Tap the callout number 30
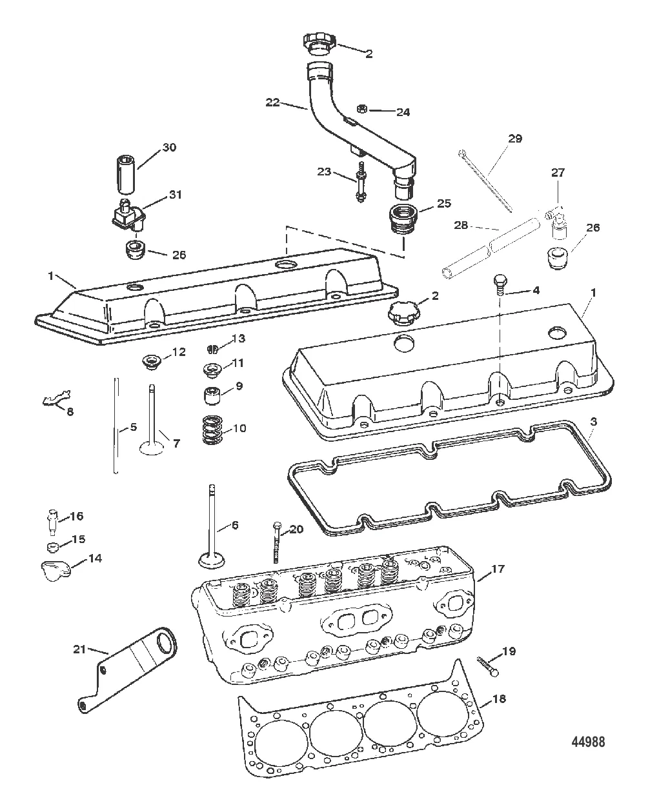point(168,147)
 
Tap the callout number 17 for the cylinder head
point(498,569)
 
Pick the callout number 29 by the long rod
point(515,139)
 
